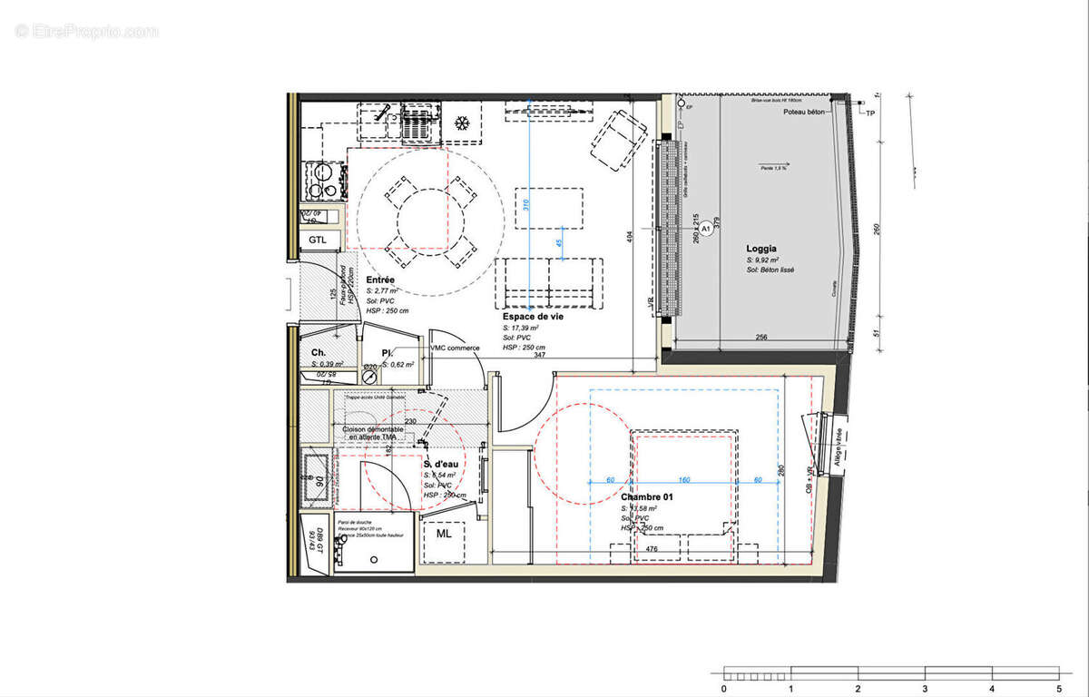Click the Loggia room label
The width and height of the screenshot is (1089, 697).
tap(760, 248)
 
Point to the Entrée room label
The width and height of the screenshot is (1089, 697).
tap(380, 280)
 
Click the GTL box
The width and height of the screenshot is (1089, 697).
tap(318, 240)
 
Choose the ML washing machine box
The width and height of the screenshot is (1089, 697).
tap(444, 534)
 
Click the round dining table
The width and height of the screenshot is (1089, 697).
tap(429, 219)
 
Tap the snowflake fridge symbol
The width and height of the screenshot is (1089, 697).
tap(462, 122)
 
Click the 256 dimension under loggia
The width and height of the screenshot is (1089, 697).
tap(762, 339)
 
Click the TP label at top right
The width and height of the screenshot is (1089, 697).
tap(870, 113)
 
